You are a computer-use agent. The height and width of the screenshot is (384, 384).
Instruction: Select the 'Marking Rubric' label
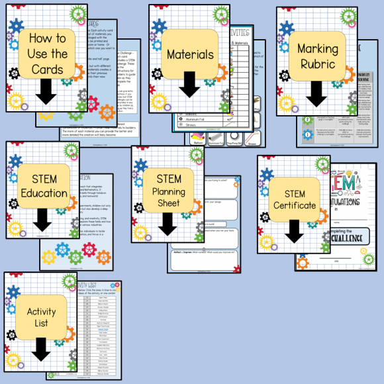click(317, 57)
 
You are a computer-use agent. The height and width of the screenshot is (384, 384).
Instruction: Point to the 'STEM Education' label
click(44, 185)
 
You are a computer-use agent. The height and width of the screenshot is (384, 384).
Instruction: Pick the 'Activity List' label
click(41, 317)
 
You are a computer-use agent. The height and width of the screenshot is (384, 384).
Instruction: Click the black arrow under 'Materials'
click(189, 84)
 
